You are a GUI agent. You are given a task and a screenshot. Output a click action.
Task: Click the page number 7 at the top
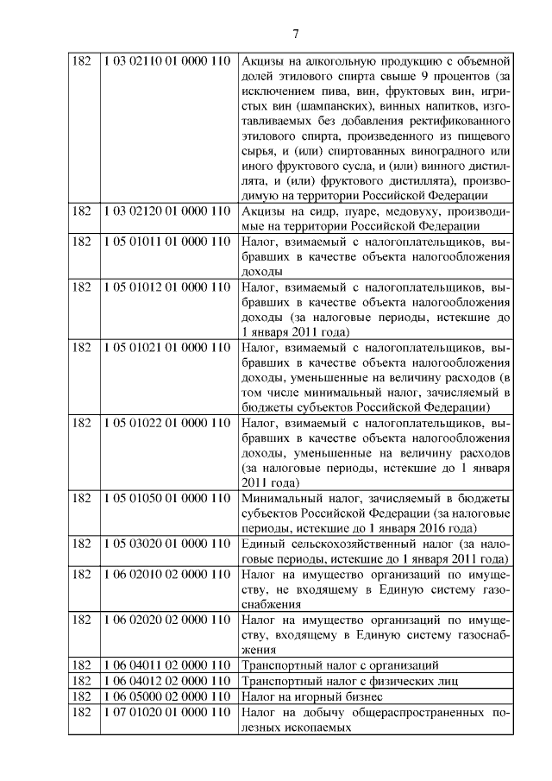coord(296,35)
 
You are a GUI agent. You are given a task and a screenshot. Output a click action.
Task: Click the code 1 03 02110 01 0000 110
coord(166,61)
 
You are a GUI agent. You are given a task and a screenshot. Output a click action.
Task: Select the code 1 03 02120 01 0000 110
coord(166,211)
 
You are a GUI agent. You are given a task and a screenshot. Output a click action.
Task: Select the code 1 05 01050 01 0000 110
coord(166,498)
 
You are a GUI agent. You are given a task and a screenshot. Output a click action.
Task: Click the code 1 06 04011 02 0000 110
coord(166,665)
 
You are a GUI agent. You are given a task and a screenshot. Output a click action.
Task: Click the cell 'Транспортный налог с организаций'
coord(341,665)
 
